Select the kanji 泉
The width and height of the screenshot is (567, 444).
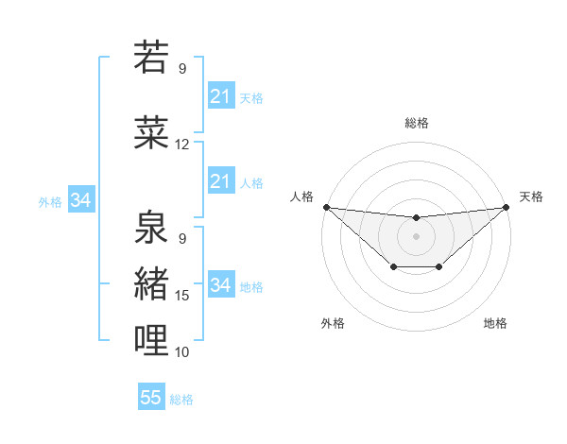pos(152,227)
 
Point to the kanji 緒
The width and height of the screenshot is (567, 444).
pos(152,282)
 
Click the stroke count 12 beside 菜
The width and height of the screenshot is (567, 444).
pos(182,145)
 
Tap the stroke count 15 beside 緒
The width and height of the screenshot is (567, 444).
pos(182,296)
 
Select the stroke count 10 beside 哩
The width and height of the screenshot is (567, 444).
pos(182,352)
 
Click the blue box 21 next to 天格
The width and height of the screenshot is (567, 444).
pos(220,96)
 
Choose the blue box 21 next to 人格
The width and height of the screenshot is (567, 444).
pos(220,181)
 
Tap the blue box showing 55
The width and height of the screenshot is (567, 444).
pos(151,398)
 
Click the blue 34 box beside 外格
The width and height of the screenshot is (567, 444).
pos(80,200)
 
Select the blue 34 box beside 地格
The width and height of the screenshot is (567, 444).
pos(220,285)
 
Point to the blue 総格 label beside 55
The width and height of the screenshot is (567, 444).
pos(182,400)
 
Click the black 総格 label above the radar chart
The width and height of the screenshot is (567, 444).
pos(416,124)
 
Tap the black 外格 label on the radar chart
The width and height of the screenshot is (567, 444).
pos(333,324)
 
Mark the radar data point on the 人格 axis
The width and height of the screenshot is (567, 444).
pos(326,207)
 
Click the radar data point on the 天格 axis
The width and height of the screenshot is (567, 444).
pos(506,207)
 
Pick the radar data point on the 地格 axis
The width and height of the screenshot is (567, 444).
pos(439,267)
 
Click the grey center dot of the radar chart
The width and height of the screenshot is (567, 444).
pos(416,235)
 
